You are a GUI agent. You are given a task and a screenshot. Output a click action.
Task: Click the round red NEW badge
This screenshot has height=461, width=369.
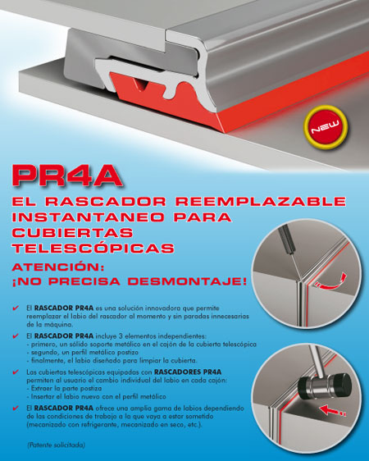[x=326, y=126]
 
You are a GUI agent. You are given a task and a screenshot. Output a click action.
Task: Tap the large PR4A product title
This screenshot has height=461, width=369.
[x=67, y=176]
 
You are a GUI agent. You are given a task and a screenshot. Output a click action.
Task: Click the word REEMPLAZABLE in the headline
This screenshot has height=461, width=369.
[x=261, y=202]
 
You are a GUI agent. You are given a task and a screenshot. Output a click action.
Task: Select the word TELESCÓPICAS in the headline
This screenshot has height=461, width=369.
[x=93, y=248]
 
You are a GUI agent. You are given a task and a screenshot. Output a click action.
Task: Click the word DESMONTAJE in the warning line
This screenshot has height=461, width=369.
[x=187, y=281]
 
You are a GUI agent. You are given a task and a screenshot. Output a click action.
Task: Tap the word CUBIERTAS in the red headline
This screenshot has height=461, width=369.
[x=72, y=233]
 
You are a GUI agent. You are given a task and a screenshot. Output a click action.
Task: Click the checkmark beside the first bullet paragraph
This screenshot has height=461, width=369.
[x=16, y=308]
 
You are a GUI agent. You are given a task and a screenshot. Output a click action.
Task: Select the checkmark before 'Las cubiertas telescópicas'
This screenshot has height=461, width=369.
[x=16, y=372]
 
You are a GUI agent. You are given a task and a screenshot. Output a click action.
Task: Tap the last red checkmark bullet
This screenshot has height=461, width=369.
[x=16, y=408]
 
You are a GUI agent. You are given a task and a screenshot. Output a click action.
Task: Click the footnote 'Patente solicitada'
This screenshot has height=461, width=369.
[x=56, y=445]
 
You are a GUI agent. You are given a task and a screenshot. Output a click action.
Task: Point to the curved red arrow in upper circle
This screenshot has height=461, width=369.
[x=330, y=281]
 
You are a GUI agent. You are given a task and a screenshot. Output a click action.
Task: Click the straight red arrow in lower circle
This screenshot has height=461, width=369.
[x=332, y=410]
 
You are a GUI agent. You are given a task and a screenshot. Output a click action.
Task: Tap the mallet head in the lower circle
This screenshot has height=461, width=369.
[x=325, y=387]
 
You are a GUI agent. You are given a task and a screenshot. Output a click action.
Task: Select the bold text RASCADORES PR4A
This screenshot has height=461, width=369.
[x=188, y=372]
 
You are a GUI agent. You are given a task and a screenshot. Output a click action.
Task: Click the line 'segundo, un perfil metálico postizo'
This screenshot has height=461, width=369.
[x=83, y=352]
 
